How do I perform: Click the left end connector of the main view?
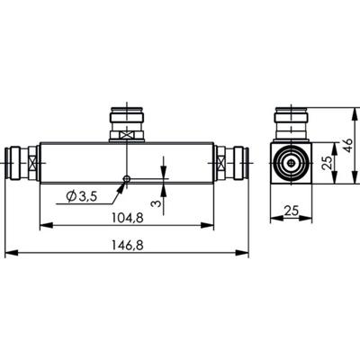point(21,166)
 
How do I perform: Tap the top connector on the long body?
point(128,123)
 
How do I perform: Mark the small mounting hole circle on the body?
point(128,178)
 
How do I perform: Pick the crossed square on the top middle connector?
point(128,137)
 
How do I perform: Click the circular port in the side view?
point(293,166)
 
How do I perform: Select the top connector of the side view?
point(293,123)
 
